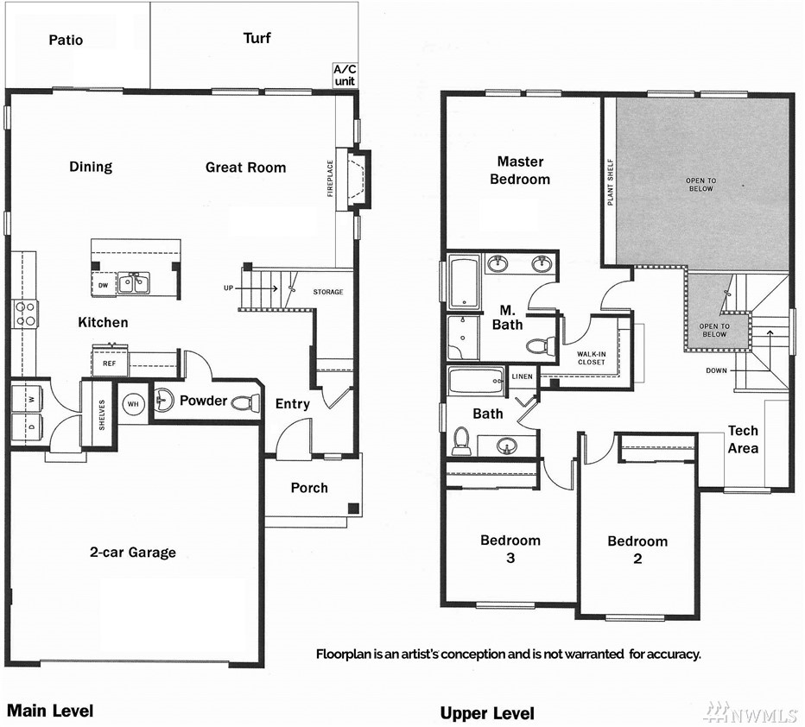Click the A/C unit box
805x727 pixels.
(x=345, y=75)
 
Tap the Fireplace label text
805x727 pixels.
(x=330, y=178)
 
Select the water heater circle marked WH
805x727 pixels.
(x=133, y=404)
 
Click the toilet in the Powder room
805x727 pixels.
(x=245, y=402)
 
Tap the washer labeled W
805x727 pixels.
(x=27, y=399)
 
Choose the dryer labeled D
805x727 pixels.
(x=27, y=427)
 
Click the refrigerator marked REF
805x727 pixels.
(x=110, y=363)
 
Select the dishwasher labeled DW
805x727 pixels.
(x=103, y=285)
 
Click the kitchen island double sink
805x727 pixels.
(x=133, y=282)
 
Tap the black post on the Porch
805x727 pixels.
(x=353, y=509)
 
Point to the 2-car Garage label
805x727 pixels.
(x=133, y=553)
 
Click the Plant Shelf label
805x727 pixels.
(x=611, y=182)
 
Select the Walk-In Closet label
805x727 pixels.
(x=592, y=357)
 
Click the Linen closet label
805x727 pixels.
(x=522, y=376)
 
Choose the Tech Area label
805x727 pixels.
(x=743, y=439)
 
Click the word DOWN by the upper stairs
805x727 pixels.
(x=716, y=370)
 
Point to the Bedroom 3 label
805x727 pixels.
(x=510, y=549)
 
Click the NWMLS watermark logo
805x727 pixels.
(x=750, y=712)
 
